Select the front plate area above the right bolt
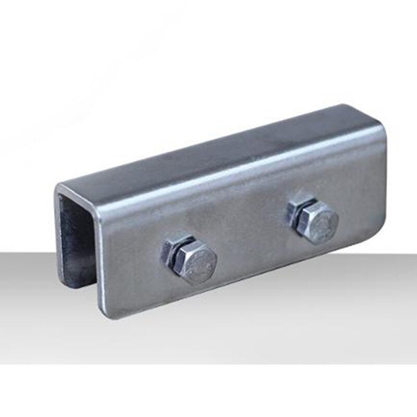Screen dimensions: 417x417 click(318, 177)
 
